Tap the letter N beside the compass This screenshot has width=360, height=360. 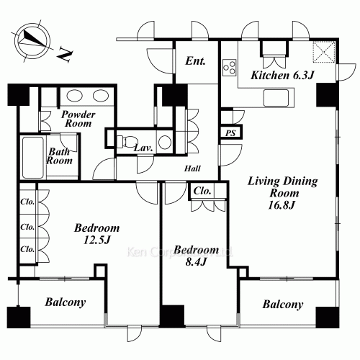pos(64,53)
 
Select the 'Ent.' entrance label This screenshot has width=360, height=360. pos(195,61)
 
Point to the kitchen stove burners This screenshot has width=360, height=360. pos(230,69)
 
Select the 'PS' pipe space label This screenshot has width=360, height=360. pos(231,132)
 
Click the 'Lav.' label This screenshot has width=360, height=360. pos(143,148)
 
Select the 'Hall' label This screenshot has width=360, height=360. pos(192,168)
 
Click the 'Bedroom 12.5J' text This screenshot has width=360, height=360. pos(97,234)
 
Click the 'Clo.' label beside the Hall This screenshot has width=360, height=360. pos(202,192)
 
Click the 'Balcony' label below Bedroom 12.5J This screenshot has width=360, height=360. pos(66,303)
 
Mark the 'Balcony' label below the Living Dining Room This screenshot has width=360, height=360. pos(282,305)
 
